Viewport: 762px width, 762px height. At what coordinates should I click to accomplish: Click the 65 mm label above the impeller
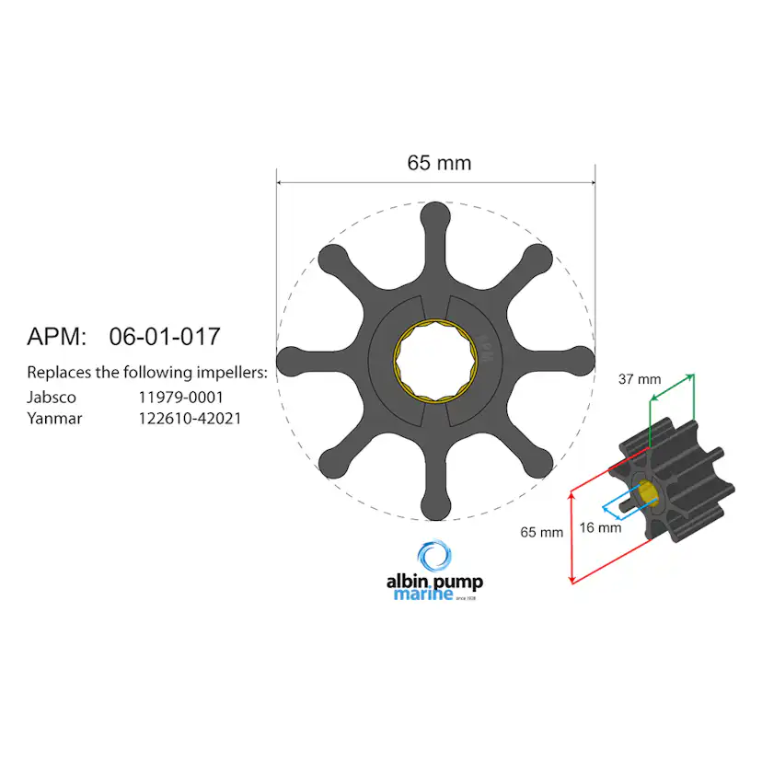click(439, 163)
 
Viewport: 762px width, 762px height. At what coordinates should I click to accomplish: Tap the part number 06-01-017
click(165, 337)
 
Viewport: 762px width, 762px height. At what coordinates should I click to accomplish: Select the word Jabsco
click(52, 398)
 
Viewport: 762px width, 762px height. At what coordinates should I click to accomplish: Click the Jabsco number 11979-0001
click(181, 398)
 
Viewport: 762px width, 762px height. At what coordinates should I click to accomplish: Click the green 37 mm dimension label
click(639, 378)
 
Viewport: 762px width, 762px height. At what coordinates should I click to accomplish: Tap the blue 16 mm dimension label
click(600, 528)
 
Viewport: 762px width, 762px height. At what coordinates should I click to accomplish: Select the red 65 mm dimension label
click(541, 532)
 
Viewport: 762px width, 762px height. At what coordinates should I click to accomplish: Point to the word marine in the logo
click(422, 595)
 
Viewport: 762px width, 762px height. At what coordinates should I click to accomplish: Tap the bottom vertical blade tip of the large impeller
click(435, 508)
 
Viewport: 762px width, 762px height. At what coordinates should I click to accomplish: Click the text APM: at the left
click(56, 337)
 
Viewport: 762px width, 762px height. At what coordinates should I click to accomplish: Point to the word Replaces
click(58, 373)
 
